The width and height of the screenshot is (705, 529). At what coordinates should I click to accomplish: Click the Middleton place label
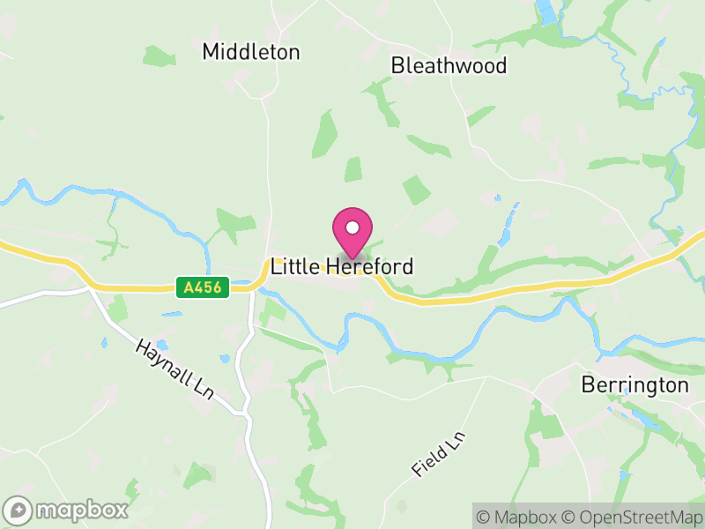pos(251,52)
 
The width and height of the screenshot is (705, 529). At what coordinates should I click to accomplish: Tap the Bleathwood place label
pos(449,65)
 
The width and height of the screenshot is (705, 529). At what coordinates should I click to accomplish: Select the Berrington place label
pos(634,385)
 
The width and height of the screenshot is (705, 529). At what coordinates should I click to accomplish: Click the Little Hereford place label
pos(342,266)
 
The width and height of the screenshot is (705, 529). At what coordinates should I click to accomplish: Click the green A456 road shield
pos(204,287)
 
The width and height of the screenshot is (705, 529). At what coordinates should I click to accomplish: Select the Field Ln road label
pos(438,455)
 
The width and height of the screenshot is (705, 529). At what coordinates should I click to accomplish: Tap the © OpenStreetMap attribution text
pos(632,517)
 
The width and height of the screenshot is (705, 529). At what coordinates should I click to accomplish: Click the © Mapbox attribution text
pos(520,517)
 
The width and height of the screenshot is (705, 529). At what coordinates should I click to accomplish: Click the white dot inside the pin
pos(352,227)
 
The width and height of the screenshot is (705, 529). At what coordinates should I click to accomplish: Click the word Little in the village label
pos(294,266)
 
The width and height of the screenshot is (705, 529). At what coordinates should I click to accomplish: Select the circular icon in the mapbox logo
pos(19,510)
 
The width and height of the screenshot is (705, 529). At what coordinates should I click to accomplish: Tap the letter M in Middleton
pos(211,52)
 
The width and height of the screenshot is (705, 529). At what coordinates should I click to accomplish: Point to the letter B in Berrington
pos(588,385)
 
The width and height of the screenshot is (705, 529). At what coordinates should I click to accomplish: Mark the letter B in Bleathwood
pos(397,65)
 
